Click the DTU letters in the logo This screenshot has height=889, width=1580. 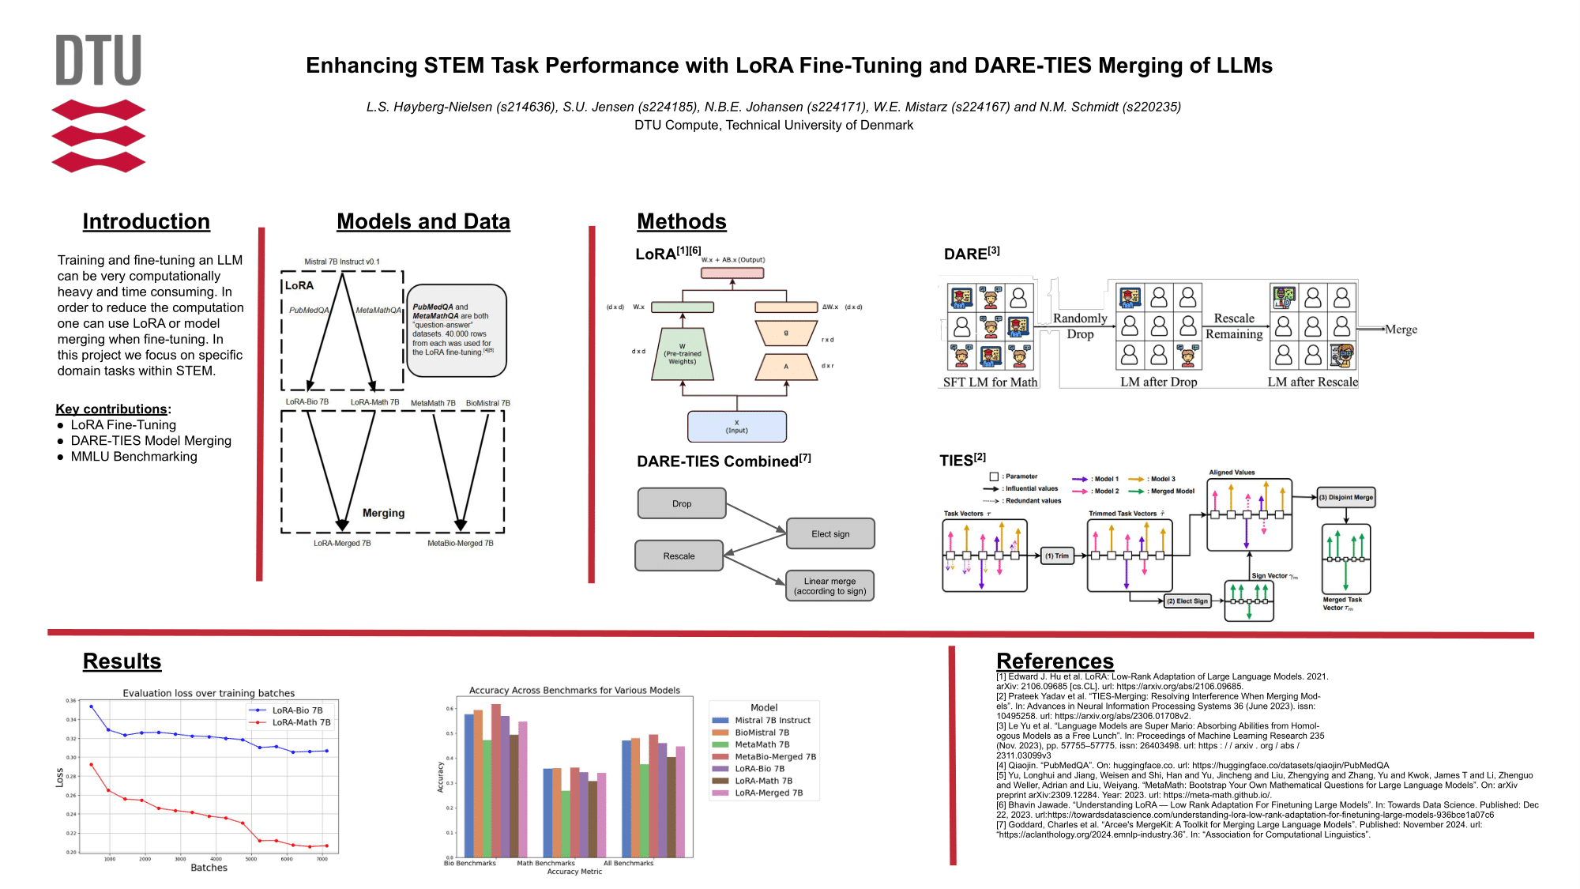pos(99,60)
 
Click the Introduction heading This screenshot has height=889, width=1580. pos(146,222)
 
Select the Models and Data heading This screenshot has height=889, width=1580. pos(423,222)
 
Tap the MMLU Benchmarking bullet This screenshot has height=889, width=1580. pos(134,457)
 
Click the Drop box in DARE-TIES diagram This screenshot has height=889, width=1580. pos(682,503)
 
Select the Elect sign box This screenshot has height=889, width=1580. pos(830,534)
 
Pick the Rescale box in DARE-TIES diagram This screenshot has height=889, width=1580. pos(679,556)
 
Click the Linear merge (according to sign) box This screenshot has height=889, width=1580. pos(829,586)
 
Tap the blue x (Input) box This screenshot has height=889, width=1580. pos(737,427)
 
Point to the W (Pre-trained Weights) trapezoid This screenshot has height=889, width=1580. pos(683,355)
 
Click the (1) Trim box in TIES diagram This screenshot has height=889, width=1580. pos(1057,556)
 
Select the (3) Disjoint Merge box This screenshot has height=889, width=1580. pos(1346,498)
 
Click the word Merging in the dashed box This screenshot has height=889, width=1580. pos(383,514)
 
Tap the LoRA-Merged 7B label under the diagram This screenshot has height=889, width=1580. pos(342,544)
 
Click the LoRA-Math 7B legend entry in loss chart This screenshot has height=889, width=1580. pos(301,723)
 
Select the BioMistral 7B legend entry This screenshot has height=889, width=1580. pos(762,733)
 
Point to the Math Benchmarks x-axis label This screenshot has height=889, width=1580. pos(546,864)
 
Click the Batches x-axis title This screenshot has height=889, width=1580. pos(209,868)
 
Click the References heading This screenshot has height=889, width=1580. pos(1055,661)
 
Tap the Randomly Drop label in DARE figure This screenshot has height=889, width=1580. pos(1080,326)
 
